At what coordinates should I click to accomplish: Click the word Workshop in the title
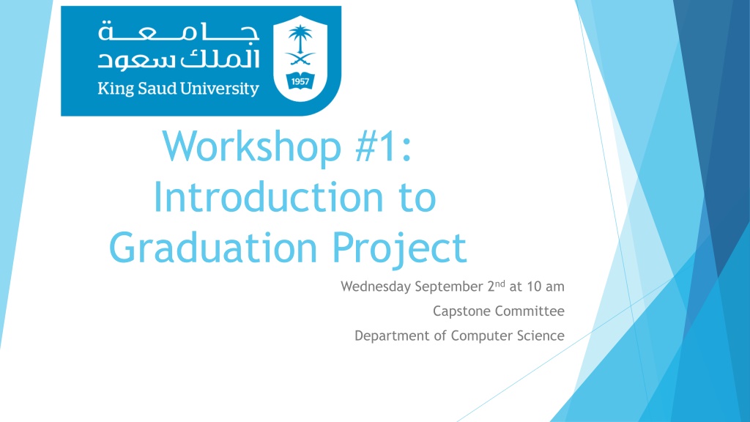(x=252, y=146)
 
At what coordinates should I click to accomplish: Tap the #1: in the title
(x=383, y=146)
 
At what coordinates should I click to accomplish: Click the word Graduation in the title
(x=213, y=248)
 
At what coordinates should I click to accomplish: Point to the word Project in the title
(x=399, y=248)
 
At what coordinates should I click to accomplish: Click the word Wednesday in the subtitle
(x=376, y=286)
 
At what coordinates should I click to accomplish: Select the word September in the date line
(x=449, y=286)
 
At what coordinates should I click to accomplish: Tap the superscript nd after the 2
(x=500, y=284)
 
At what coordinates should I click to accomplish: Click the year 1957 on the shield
(x=300, y=81)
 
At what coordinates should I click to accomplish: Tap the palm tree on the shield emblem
(x=300, y=39)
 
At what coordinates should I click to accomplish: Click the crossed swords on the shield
(x=300, y=59)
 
